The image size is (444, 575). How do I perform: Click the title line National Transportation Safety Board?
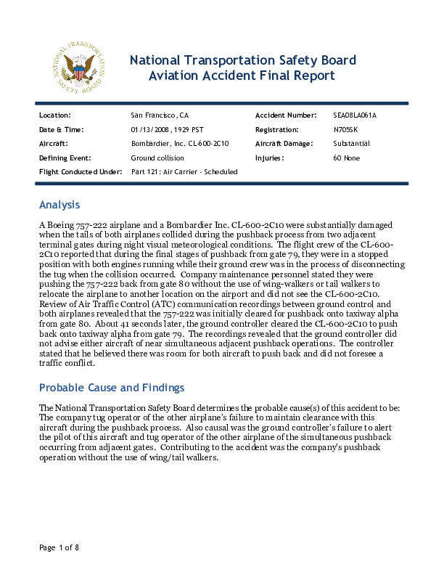tap(242, 60)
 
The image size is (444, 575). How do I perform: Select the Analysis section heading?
tap(59, 205)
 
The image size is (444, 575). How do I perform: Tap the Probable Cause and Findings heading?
tap(112, 387)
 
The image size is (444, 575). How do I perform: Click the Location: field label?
tap(54, 115)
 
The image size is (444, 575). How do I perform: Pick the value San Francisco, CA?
tap(160, 115)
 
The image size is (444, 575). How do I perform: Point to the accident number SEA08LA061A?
tap(355, 115)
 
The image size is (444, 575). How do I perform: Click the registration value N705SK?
tap(346, 129)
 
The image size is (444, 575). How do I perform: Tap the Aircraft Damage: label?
tap(287, 144)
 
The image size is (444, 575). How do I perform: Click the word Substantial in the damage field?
tap(351, 144)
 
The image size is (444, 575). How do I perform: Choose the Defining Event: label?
tap(65, 158)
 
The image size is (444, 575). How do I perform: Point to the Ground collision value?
tap(157, 158)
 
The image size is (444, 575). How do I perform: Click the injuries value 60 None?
tap(347, 158)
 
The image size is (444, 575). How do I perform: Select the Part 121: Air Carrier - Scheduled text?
tap(184, 171)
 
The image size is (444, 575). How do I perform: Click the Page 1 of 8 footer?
tap(59, 547)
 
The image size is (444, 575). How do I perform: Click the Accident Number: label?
tap(286, 115)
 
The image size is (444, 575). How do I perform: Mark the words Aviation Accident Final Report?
tap(242, 76)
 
